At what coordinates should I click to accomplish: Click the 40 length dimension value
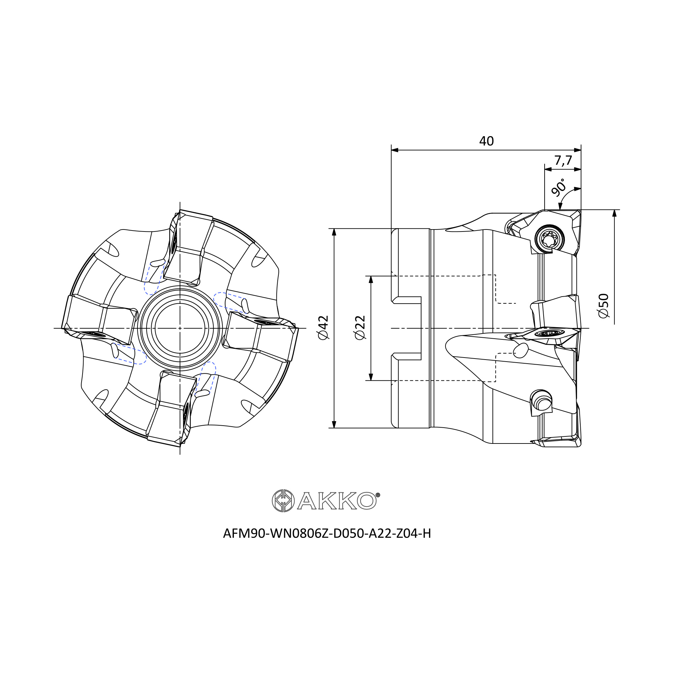(x=486, y=141)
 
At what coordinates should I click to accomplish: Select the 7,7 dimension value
(x=563, y=160)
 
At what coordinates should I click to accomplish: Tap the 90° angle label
(x=558, y=187)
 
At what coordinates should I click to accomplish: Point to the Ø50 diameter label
(x=604, y=306)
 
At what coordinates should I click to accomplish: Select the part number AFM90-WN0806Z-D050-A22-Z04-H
(x=327, y=533)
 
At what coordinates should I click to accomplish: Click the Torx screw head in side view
(x=549, y=239)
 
